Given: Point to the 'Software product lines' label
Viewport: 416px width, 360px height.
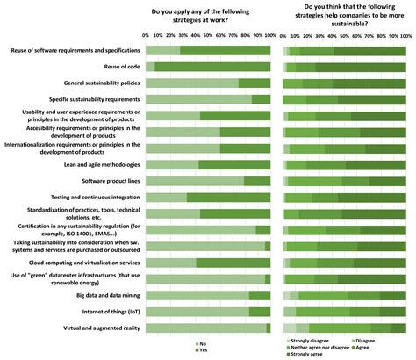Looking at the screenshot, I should (x=110, y=181).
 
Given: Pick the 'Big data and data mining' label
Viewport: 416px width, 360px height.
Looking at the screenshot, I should (x=104, y=295).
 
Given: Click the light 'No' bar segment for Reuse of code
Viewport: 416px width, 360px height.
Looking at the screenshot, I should (x=150, y=67).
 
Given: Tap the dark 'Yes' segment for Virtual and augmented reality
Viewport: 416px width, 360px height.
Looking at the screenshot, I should (x=268, y=328).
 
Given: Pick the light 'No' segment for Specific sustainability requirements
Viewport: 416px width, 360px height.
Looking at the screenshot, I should (x=197, y=99).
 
